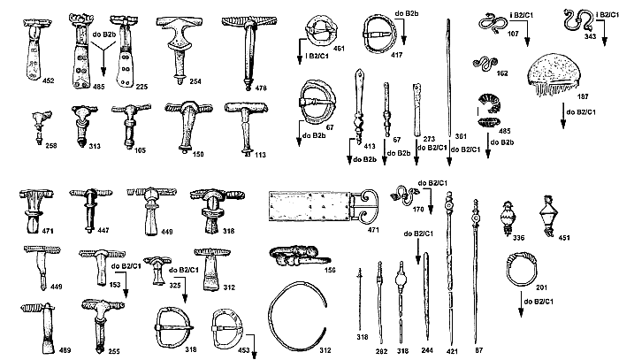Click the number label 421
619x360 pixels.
454,351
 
